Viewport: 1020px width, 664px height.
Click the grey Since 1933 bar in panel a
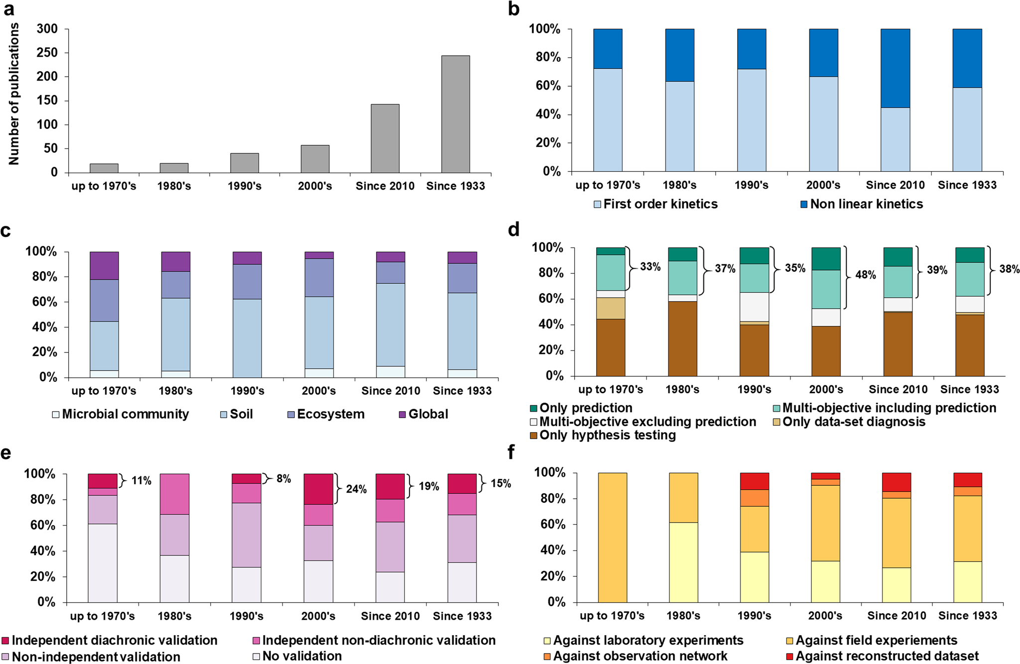[x=455, y=114]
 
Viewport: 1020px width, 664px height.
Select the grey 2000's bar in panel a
[x=315, y=159]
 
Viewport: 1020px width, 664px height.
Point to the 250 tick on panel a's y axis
[x=47, y=53]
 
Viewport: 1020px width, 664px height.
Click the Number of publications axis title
[x=14, y=94]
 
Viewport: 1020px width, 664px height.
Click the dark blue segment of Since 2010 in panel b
[x=895, y=68]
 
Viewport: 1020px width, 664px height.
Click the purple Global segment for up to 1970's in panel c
[x=104, y=265]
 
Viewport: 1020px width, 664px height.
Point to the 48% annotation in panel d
[x=865, y=275]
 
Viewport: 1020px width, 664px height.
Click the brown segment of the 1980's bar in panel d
[x=682, y=338]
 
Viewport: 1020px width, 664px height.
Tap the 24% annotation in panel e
[x=356, y=489]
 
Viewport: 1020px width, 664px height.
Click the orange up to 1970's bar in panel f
[x=612, y=538]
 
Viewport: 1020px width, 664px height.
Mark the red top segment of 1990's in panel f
[x=754, y=481]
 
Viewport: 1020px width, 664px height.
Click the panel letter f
[x=510, y=452]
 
